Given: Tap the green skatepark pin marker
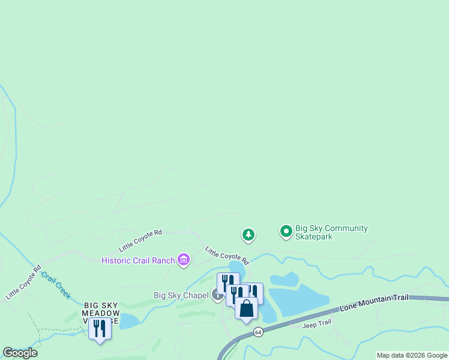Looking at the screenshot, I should click(x=286, y=230).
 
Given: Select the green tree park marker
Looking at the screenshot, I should click(x=249, y=235).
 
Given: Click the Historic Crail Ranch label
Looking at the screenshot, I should click(x=138, y=260).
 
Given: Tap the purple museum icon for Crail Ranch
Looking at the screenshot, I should click(x=184, y=260).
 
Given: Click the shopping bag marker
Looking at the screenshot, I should click(x=246, y=308).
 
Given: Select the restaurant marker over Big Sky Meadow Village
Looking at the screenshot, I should click(x=100, y=329).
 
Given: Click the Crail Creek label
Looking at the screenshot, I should click(x=56, y=285).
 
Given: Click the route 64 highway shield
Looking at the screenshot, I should click(x=258, y=332).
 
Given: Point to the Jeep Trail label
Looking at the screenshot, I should click(x=316, y=323).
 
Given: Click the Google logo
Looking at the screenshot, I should click(x=20, y=353).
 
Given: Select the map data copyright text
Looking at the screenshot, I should click(x=412, y=355).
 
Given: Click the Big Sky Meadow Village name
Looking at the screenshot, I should click(x=101, y=313).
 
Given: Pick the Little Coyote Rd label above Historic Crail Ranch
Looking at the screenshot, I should click(x=140, y=240).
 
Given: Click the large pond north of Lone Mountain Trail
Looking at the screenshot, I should click(x=298, y=299).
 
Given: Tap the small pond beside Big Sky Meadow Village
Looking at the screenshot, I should click(x=129, y=321).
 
